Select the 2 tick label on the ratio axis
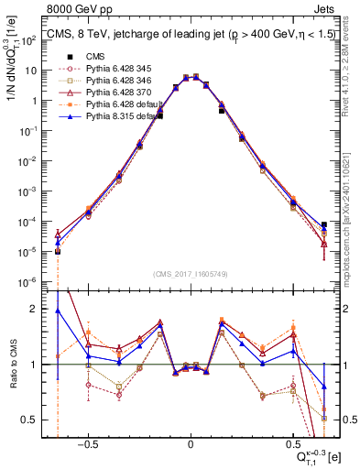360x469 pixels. [42, 310]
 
